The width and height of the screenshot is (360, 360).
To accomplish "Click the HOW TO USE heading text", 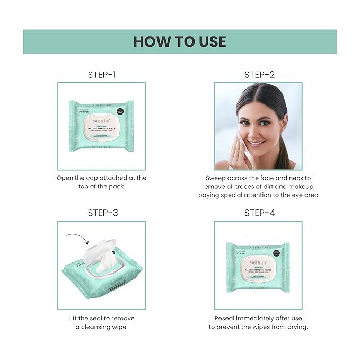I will (x=180, y=41).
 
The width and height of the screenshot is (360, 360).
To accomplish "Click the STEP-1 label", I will (x=102, y=75).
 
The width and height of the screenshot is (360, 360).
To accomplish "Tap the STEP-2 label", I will (x=259, y=75).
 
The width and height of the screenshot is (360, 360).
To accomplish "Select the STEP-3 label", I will (x=102, y=213).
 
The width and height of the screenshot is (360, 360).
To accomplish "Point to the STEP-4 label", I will (x=259, y=213).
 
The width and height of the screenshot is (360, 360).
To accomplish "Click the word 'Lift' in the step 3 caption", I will (x=75, y=318).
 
